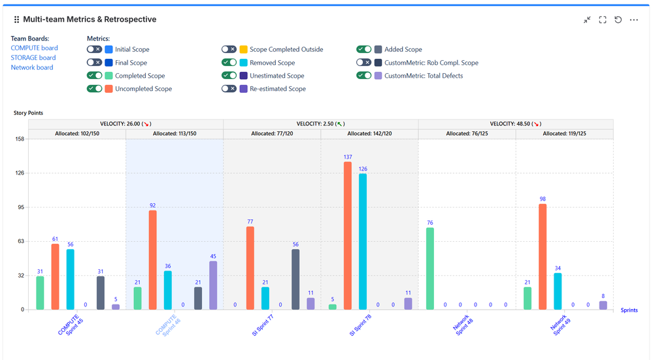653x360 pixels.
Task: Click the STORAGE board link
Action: tap(33, 57)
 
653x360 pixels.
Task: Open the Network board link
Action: tap(32, 67)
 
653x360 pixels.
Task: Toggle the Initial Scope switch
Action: tap(95, 50)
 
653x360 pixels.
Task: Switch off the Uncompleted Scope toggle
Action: tap(95, 89)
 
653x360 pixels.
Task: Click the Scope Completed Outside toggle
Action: tap(229, 50)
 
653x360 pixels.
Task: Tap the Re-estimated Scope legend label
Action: tap(277, 89)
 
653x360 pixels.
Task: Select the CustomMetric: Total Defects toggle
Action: tap(364, 76)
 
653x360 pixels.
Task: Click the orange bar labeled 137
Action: tap(348, 235)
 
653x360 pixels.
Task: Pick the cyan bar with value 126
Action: tap(363, 241)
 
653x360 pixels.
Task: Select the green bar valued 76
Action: tap(429, 269)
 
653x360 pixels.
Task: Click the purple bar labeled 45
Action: tap(213, 285)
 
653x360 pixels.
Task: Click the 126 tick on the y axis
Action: tap(19, 173)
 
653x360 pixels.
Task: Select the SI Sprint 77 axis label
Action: tap(264, 325)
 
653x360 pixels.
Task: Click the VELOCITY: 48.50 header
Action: tap(515, 123)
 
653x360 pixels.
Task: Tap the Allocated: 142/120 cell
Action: tap(369, 134)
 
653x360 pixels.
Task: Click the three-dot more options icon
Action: tap(633, 20)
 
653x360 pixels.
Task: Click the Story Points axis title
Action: tap(28, 113)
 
